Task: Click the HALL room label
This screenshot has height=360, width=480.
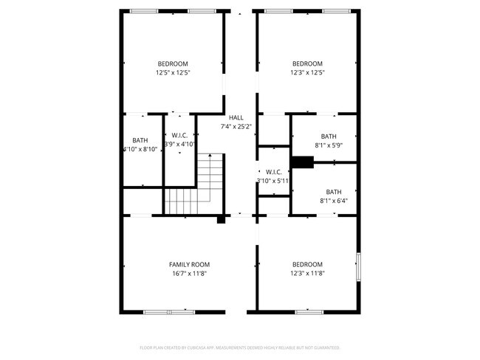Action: pos(236,117)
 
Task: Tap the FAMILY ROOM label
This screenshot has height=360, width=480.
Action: pos(189,264)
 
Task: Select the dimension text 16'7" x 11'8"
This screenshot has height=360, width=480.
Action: pos(189,273)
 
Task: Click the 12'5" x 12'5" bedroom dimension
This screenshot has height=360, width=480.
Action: pos(173,72)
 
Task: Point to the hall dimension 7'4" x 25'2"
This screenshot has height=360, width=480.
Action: pos(236,126)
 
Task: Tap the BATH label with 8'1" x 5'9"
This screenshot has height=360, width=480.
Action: pos(329,136)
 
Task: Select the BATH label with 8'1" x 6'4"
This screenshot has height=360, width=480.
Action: pos(333,191)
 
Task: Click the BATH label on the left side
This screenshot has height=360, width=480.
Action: pos(140,140)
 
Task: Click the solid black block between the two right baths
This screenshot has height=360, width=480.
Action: pos(301,163)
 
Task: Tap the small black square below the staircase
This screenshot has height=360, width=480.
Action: pos(221,219)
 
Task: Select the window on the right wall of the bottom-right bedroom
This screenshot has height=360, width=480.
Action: pos(358,267)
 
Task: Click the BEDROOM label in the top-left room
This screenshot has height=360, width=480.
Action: pos(173,63)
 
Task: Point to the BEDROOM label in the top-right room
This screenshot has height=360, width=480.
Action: pos(307,63)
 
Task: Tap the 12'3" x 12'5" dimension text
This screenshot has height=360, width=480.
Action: pos(307,72)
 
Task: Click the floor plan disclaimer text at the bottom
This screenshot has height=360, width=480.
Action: pos(239,347)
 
